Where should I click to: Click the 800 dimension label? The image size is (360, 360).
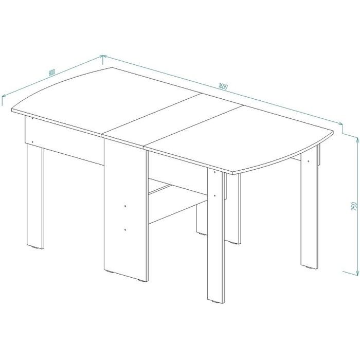tap(52, 73)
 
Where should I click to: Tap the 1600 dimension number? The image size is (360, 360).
tap(223, 86)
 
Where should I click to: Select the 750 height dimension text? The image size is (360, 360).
tap(354, 206)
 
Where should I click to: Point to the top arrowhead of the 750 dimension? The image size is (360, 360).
tap(357, 140)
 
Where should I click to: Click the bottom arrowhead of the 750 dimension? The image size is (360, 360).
tap(357, 272)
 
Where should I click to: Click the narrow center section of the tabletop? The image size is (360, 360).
tap(173, 120)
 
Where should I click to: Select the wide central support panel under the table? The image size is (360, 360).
tap(125, 209)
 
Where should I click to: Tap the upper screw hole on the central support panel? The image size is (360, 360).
tap(125, 206)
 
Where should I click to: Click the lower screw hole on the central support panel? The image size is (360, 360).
tap(125, 229)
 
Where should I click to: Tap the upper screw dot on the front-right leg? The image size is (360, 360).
tap(214, 172)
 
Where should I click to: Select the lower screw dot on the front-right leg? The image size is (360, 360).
tap(214, 195)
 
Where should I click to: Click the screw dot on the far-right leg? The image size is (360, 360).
tap(308, 160)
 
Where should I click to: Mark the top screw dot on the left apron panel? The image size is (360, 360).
tap(32, 118)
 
